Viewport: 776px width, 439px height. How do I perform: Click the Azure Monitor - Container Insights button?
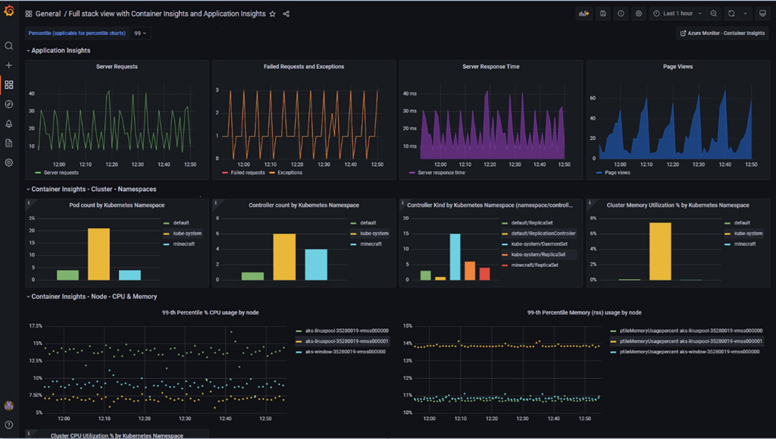[x=723, y=33]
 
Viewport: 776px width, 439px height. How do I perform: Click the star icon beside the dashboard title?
[x=273, y=14]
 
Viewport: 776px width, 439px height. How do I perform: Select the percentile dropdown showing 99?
[x=140, y=33]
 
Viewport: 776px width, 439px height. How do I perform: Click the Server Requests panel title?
[x=117, y=67]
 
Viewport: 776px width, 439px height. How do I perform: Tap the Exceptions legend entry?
[x=289, y=173]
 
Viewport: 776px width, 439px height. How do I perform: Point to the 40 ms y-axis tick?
[x=409, y=94]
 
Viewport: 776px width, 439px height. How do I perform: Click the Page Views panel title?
[x=677, y=67]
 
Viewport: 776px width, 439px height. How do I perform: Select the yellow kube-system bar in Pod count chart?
[x=99, y=254]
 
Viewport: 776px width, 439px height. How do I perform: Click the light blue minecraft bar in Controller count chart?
[x=316, y=265]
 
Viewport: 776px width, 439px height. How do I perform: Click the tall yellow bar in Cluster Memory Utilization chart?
[x=660, y=251]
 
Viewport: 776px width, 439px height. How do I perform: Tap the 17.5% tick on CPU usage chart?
[x=35, y=326]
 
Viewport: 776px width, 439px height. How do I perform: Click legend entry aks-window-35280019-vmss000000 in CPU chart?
[x=346, y=352]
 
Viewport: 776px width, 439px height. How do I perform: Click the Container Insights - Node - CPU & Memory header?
[x=94, y=296]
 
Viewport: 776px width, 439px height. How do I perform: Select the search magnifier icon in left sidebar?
[x=9, y=46]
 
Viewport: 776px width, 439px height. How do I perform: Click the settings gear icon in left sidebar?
[x=9, y=162]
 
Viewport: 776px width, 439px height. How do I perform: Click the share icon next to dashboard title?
[x=286, y=14]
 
